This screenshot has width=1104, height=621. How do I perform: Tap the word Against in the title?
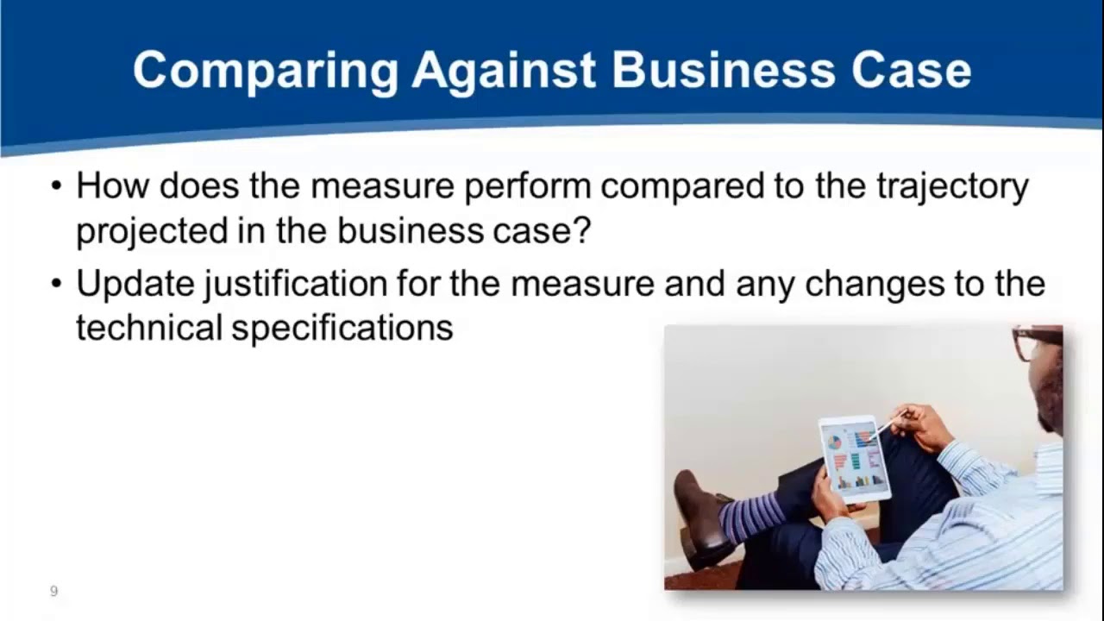tap(504, 70)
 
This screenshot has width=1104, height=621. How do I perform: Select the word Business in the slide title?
tap(723, 70)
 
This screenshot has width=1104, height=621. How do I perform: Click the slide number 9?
tap(53, 591)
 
